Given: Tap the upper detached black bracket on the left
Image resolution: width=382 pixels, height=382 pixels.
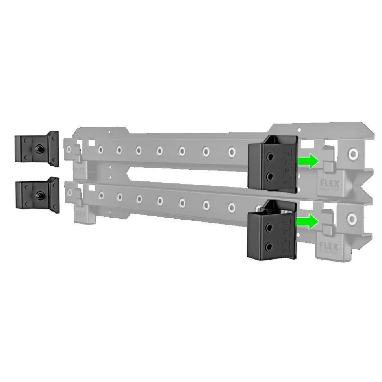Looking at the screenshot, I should (37, 148).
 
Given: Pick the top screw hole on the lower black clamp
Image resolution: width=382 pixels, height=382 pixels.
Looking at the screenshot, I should (269, 227).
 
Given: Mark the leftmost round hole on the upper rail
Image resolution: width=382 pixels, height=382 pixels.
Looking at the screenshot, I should (70, 150).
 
